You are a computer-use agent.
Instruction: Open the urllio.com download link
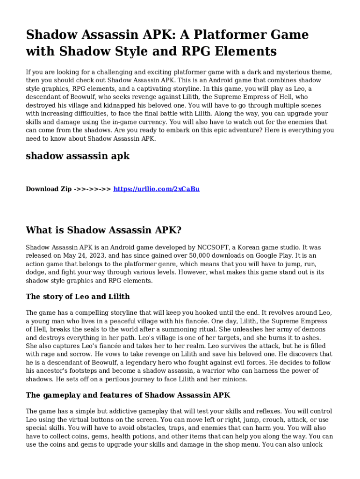click(x=156, y=189)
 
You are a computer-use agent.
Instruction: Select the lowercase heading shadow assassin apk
click(x=77, y=156)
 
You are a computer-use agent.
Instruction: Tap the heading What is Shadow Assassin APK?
click(x=103, y=230)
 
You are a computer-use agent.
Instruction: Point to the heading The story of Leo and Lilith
click(x=78, y=297)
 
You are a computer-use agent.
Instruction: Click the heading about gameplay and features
click(x=128, y=395)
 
